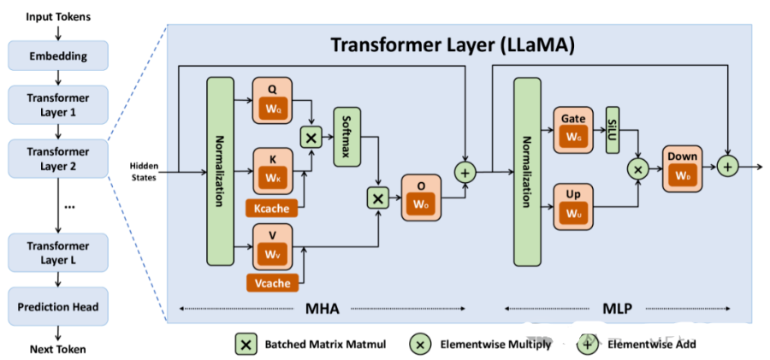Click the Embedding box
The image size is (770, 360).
coord(58,56)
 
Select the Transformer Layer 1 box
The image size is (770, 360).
coord(58,103)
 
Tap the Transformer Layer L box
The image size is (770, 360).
coord(58,252)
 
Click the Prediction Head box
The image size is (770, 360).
coord(58,306)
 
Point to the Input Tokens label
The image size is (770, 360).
coord(58,16)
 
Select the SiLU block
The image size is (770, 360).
coord(612,130)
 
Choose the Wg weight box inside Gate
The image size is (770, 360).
coord(573,136)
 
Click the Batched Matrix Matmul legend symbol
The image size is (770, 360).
coord(246,344)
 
